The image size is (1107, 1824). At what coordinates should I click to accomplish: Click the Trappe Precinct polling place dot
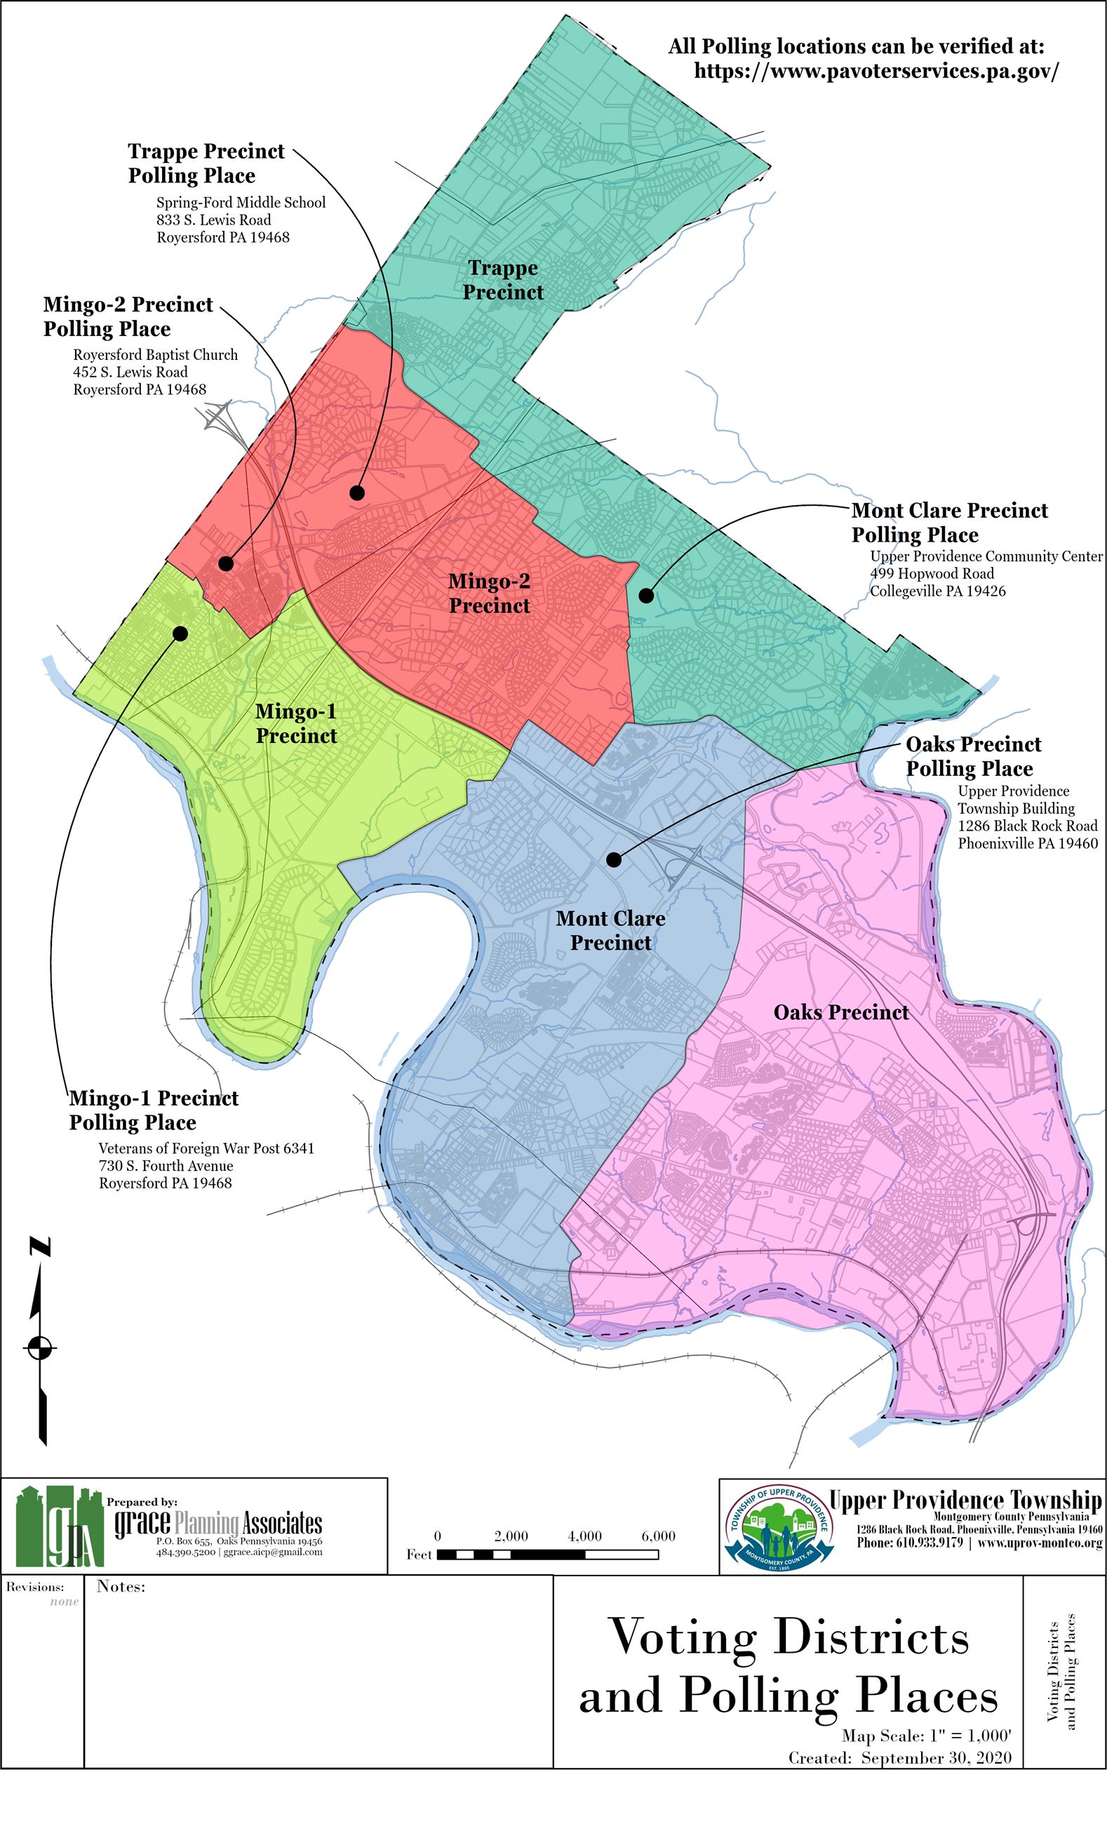pyautogui.click(x=357, y=492)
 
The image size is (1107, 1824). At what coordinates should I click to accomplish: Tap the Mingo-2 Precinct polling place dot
pyautogui.click(x=226, y=563)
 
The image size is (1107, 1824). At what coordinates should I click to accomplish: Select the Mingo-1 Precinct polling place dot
pyautogui.click(x=179, y=633)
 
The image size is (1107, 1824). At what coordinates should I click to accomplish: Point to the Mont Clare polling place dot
pyautogui.click(x=645, y=594)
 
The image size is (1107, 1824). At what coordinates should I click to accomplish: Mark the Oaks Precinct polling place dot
pyautogui.click(x=613, y=859)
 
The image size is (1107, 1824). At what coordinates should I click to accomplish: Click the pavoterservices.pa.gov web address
pyautogui.click(x=876, y=71)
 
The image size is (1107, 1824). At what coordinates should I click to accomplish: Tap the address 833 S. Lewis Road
pyautogui.click(x=213, y=220)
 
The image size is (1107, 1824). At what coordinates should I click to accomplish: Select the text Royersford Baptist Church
pyautogui.click(x=156, y=354)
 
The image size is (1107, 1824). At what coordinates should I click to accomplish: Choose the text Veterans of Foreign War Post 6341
pyautogui.click(x=206, y=1148)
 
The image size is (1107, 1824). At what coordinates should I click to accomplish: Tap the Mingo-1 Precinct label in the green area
pyautogui.click(x=296, y=723)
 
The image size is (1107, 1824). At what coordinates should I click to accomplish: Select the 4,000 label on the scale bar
pyautogui.click(x=584, y=1536)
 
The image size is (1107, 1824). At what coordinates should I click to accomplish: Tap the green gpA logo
pyautogui.click(x=59, y=1527)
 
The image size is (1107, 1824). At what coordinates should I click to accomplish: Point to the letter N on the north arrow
pyautogui.click(x=41, y=1247)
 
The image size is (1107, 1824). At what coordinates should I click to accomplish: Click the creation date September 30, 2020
pyautogui.click(x=936, y=1758)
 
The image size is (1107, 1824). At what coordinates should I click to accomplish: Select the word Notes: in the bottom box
pyautogui.click(x=121, y=1586)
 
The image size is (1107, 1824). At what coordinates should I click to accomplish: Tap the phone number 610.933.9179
pyautogui.click(x=909, y=1543)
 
